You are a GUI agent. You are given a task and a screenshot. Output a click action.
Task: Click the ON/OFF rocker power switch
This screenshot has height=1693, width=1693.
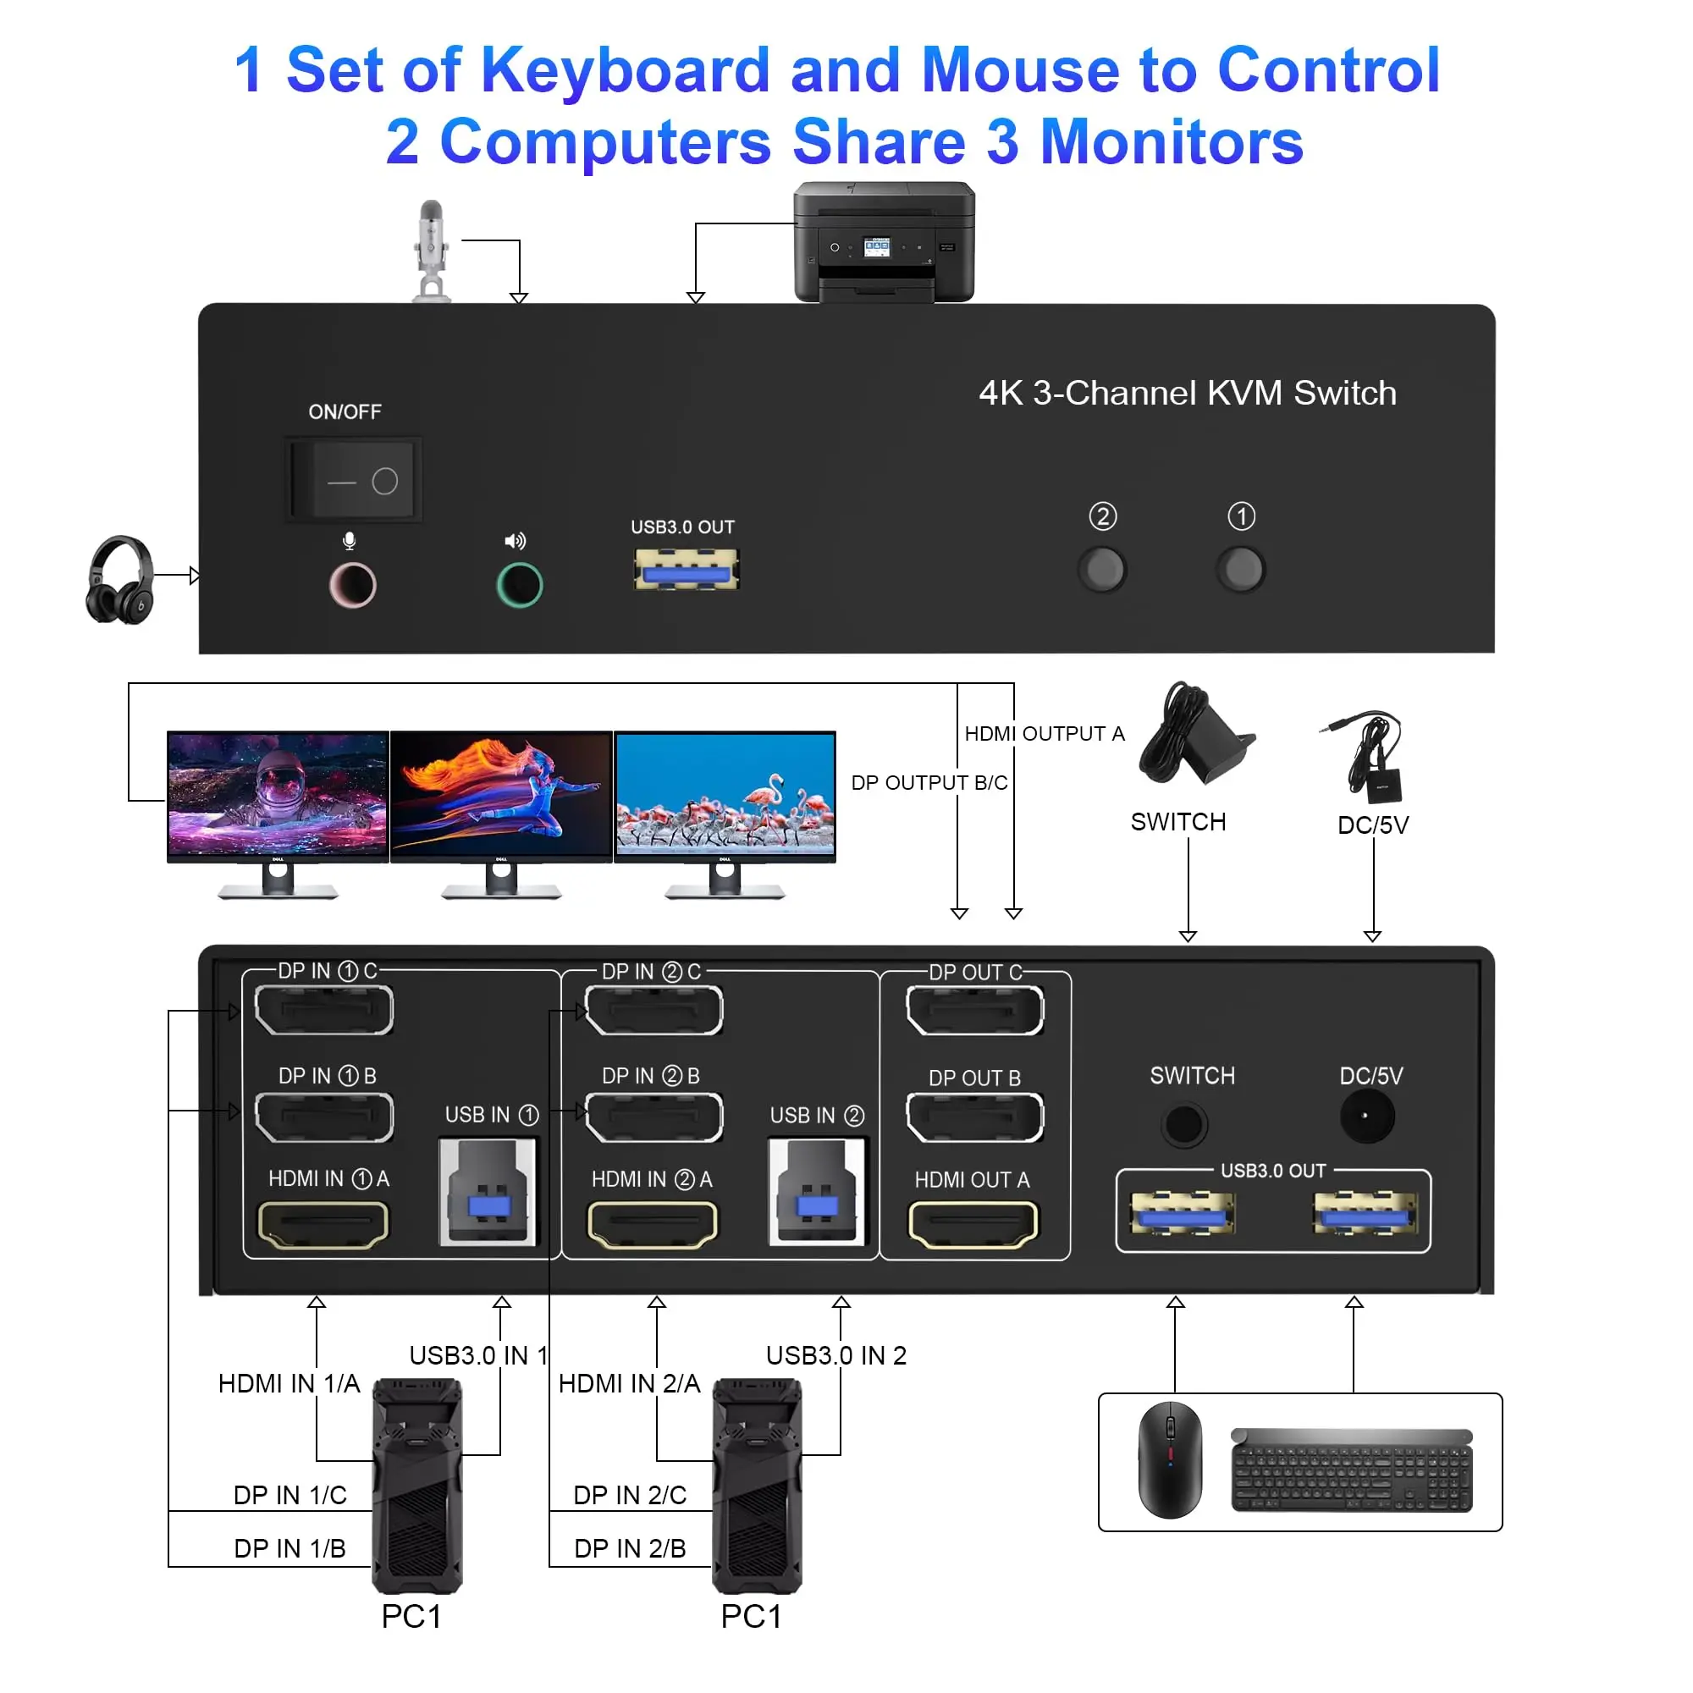(x=353, y=480)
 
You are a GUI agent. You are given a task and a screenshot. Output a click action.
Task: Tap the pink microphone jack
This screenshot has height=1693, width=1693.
(x=352, y=586)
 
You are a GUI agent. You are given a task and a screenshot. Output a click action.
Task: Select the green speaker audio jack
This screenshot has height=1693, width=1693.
(x=520, y=586)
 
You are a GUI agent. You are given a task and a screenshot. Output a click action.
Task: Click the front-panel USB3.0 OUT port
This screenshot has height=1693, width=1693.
(x=687, y=570)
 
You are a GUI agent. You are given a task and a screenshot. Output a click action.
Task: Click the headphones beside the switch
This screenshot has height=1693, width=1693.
(x=121, y=580)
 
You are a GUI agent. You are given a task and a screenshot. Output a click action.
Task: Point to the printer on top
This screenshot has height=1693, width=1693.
(x=883, y=242)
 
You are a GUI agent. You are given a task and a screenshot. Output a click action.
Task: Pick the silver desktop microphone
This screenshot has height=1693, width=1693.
(x=430, y=251)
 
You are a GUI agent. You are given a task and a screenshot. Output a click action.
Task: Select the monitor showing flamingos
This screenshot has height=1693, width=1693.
(x=725, y=797)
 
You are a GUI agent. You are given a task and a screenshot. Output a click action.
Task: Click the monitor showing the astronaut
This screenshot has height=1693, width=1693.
(x=278, y=797)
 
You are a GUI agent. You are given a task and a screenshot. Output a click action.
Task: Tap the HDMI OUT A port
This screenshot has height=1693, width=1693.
(x=973, y=1224)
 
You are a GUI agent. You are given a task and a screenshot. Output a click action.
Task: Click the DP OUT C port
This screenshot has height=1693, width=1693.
(x=974, y=1011)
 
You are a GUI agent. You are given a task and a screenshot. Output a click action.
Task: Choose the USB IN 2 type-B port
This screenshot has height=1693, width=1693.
(x=817, y=1192)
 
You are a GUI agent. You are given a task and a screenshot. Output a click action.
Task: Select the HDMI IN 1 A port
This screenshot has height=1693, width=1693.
(x=323, y=1224)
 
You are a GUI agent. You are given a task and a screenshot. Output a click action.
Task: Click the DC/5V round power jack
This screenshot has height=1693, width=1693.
(x=1366, y=1117)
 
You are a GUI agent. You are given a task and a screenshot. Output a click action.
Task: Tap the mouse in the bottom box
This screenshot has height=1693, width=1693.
(x=1170, y=1459)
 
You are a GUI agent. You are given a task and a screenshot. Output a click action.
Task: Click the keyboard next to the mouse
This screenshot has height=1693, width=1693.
(x=1352, y=1470)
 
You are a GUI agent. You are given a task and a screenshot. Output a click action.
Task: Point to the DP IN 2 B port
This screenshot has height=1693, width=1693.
(x=653, y=1117)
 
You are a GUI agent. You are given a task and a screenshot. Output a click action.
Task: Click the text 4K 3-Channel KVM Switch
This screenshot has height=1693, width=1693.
(x=1188, y=393)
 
